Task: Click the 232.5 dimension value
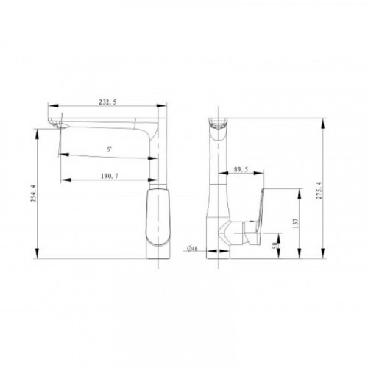point(107,102)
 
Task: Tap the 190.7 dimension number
point(110,176)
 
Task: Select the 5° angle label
point(109,149)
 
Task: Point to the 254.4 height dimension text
point(33,194)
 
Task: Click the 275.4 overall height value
point(319,191)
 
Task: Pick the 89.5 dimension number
point(241,169)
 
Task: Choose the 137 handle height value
point(296,224)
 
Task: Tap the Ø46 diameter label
point(192,249)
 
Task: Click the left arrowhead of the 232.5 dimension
point(53,105)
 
